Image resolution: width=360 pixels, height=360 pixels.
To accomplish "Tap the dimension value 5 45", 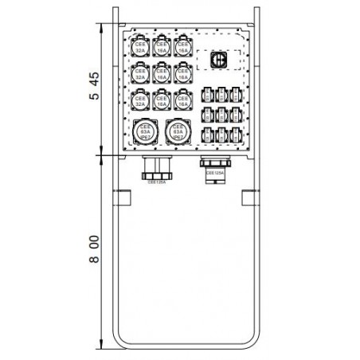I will (x=93, y=87).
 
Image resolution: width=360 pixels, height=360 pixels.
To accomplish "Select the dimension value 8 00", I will (x=93, y=249).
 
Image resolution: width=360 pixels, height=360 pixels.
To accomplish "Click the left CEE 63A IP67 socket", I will (x=146, y=133).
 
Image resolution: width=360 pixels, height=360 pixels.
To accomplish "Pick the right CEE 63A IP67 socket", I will (x=178, y=133).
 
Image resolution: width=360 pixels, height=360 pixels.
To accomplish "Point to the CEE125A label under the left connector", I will (x=158, y=182).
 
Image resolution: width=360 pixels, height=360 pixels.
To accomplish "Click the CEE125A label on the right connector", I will (x=215, y=170).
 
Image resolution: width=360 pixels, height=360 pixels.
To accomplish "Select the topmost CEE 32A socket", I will (x=141, y=47).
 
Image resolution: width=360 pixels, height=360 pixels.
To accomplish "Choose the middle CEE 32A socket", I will (x=141, y=74).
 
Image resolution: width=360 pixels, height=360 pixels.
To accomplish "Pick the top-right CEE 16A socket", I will (x=183, y=47).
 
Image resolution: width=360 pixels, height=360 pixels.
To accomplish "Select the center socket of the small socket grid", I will (x=224, y=113).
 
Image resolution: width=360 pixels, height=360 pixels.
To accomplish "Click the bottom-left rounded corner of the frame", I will (x=116, y=342).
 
